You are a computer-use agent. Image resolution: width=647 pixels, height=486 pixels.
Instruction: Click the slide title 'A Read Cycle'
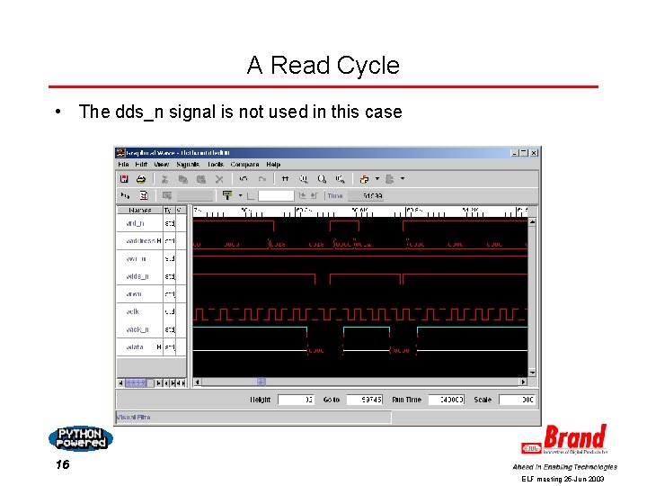[323, 65]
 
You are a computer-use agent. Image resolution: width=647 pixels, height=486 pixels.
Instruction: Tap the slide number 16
[62, 464]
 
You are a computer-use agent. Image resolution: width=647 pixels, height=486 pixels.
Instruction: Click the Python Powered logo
[81, 438]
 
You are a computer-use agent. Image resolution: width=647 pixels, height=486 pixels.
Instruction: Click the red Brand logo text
[573, 438]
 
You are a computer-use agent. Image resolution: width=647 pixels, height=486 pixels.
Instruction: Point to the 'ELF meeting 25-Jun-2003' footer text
[563, 480]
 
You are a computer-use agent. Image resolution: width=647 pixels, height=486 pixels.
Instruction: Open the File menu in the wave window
[124, 165]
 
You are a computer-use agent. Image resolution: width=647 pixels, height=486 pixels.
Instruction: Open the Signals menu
[187, 165]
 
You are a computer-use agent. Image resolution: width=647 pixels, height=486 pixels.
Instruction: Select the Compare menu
[244, 165]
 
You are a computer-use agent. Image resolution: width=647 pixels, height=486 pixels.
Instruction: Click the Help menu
[273, 165]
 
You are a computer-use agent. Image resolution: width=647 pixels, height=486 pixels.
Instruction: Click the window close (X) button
[533, 152]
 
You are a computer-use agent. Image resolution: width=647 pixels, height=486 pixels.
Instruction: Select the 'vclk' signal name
[133, 311]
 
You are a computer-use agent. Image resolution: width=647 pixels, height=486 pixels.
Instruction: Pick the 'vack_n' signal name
[137, 329]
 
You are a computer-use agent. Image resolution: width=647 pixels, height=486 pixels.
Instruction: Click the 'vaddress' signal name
[140, 240]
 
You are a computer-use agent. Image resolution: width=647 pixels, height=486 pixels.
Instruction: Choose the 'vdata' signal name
[135, 346]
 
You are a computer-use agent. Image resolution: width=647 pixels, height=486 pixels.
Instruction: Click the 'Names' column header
[139, 210]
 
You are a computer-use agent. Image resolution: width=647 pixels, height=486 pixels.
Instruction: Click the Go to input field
[365, 400]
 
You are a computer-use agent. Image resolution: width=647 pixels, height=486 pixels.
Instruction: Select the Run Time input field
[446, 400]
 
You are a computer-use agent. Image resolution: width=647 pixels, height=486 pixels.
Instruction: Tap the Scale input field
[517, 400]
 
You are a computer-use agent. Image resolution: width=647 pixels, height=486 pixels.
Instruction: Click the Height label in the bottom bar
[260, 400]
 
